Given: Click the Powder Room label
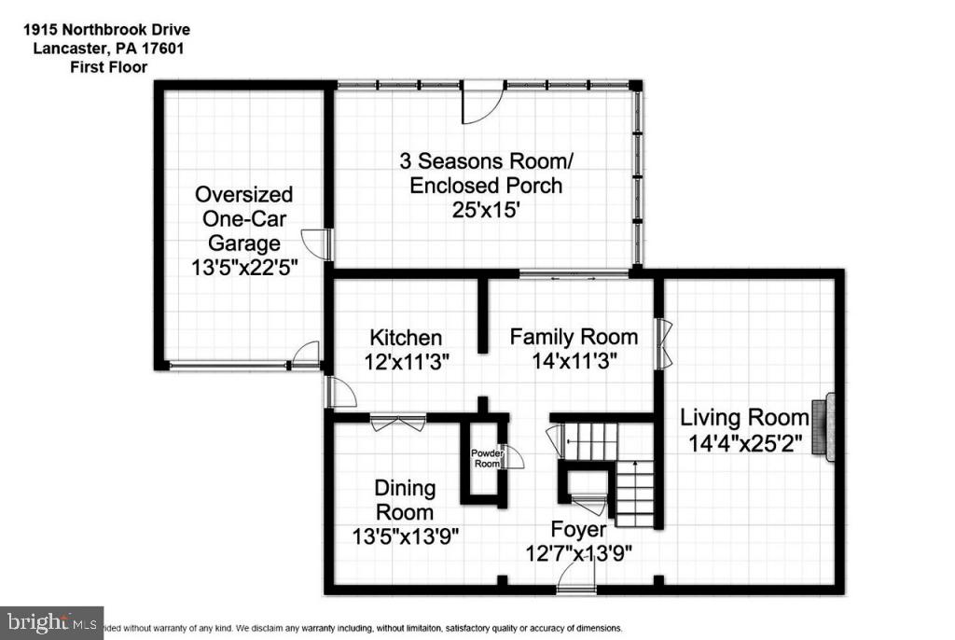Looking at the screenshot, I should coord(486,457).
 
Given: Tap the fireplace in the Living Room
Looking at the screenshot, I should coord(822,427).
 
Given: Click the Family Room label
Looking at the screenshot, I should coord(574,337).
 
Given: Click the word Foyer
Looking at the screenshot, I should coord(576,530).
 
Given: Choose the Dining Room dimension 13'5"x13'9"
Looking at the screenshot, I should coord(405,536).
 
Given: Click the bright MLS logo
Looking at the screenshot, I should coord(52,621).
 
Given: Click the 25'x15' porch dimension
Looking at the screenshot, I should coord(486,211).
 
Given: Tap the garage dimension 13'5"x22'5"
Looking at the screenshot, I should coord(243,268).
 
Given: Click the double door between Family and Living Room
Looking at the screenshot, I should coord(663,343).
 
